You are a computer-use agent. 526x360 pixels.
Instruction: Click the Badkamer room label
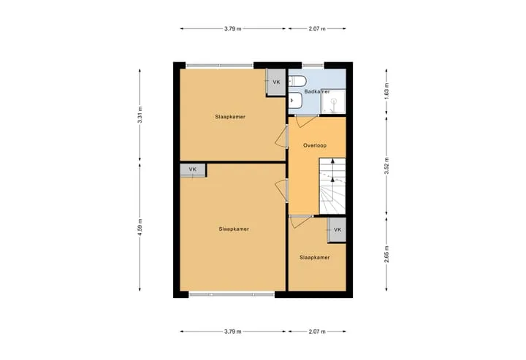point(316,91)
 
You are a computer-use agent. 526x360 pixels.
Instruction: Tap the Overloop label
point(315,145)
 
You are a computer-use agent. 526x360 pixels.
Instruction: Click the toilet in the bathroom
point(297,81)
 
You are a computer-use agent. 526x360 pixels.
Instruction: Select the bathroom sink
point(296,100)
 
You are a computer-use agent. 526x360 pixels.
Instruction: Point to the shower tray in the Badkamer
point(333,102)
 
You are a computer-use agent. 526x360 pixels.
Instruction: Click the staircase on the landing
point(332,185)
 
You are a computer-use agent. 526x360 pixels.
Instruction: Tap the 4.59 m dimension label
point(140,227)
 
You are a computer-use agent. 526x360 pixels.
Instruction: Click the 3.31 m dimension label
point(140,115)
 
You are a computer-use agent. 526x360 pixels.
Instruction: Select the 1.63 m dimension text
point(386,91)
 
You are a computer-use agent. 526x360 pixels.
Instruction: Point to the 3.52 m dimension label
point(386,166)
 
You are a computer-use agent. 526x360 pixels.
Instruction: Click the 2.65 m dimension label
point(386,254)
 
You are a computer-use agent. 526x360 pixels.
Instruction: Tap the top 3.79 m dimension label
point(233,28)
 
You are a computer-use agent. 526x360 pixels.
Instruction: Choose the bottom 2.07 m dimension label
point(317,332)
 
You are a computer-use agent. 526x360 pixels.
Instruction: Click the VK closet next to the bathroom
point(275,83)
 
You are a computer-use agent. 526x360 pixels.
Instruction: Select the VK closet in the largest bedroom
point(193,170)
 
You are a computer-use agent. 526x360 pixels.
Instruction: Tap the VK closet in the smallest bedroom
point(337,229)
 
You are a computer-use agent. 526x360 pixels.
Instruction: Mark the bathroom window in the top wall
point(313,66)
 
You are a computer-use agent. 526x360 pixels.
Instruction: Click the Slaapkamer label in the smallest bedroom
point(314,258)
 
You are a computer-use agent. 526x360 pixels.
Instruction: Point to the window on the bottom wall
point(232,294)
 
